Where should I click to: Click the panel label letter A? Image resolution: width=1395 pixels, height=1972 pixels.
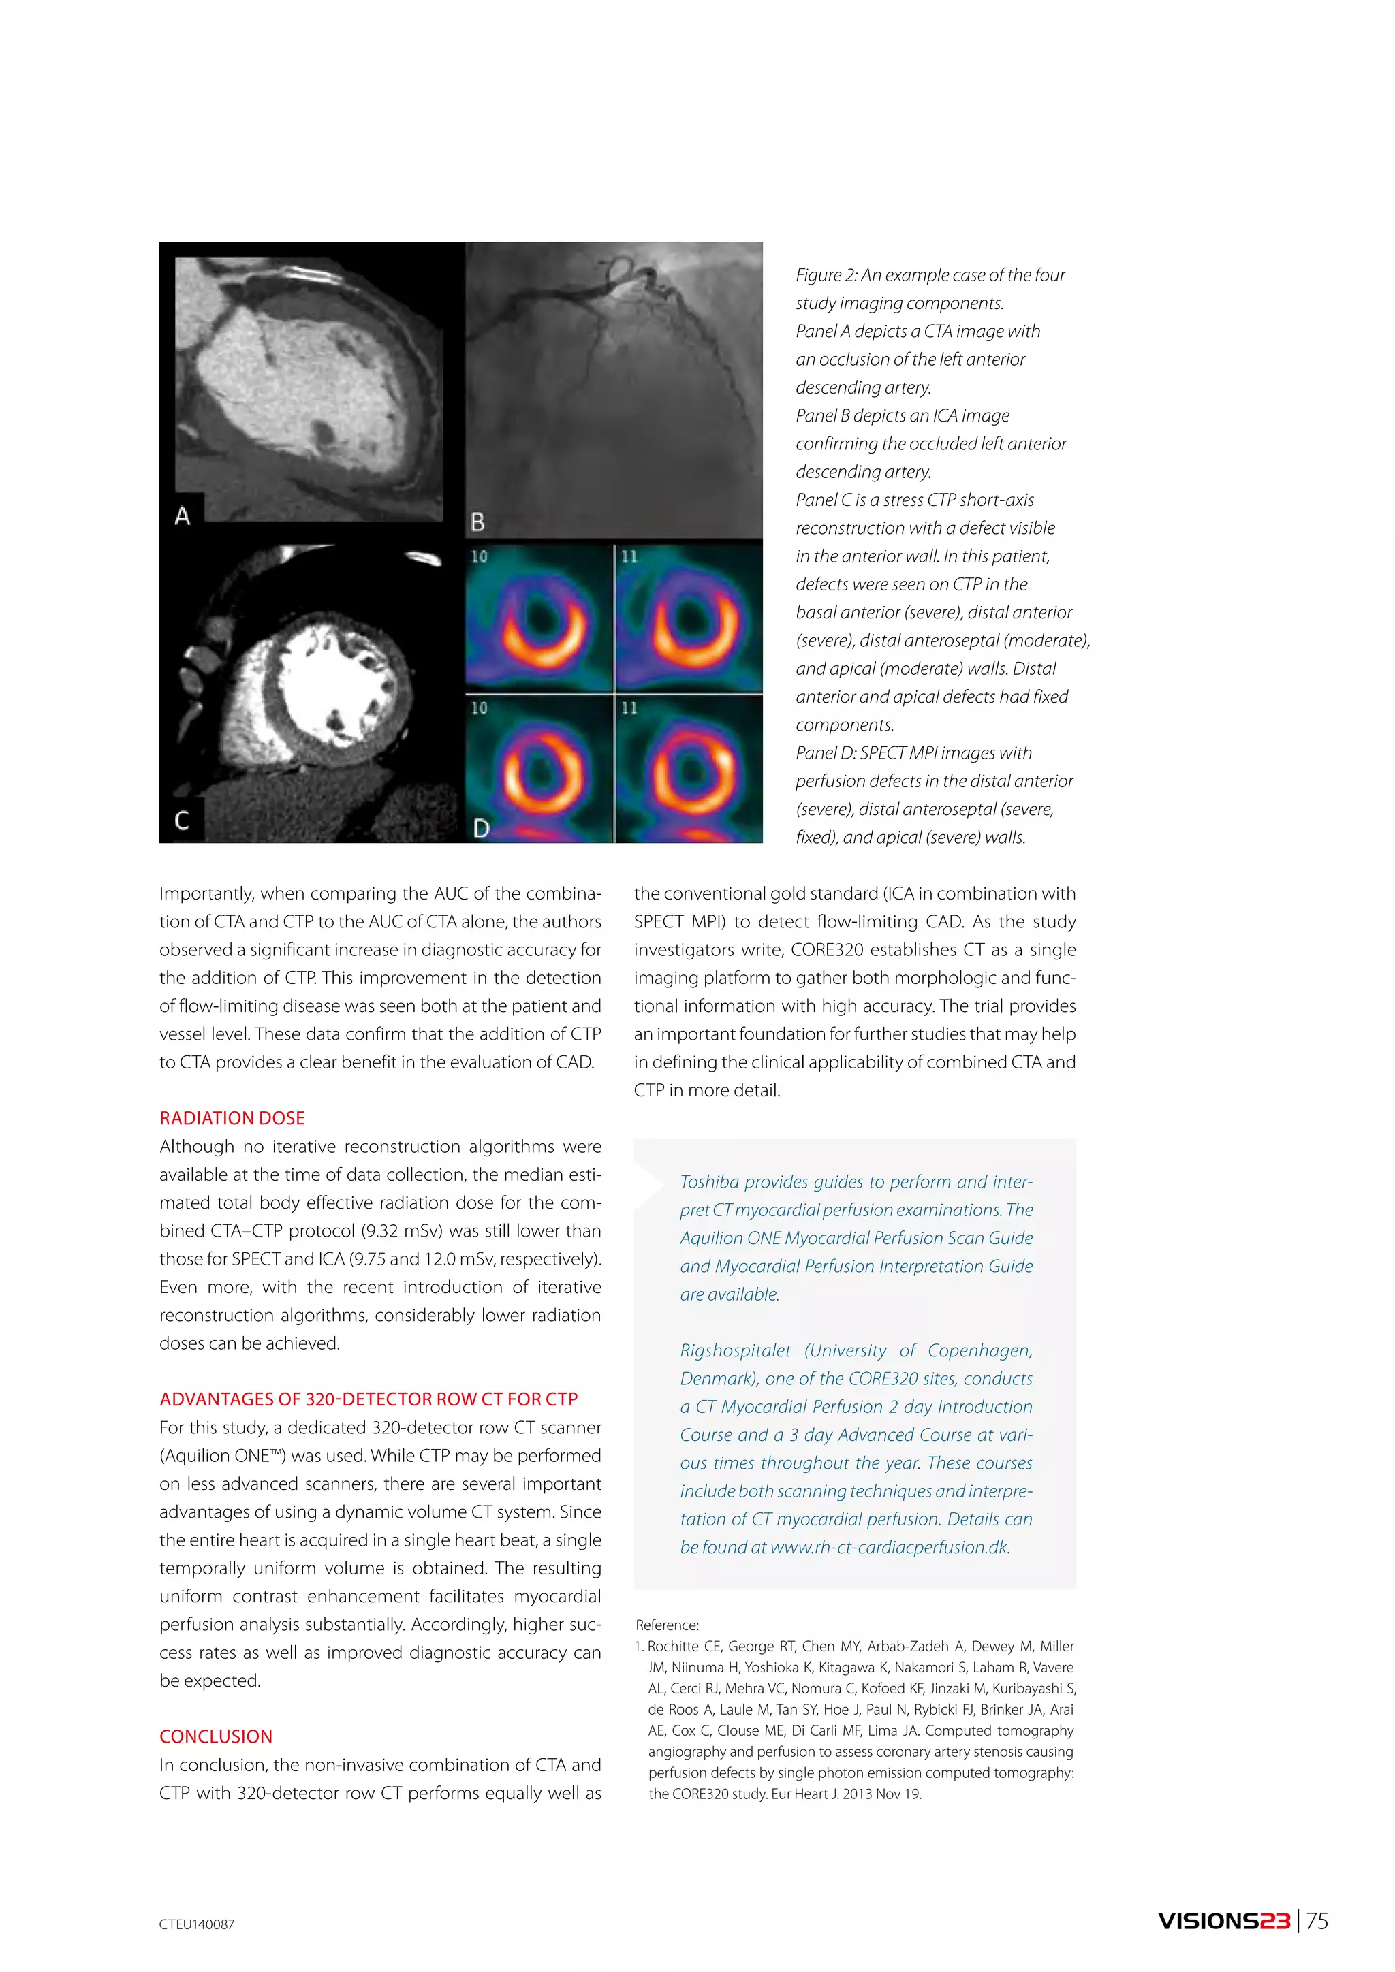pos(182,516)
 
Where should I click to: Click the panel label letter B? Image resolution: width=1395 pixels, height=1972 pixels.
pos(478,522)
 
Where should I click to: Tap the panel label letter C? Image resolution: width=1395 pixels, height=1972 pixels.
pos(182,821)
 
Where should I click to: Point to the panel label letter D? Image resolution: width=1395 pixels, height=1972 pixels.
pos(481,829)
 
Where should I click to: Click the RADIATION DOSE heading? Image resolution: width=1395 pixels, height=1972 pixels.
pos(232,1118)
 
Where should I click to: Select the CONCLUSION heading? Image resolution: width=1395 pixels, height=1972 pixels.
pos(216,1736)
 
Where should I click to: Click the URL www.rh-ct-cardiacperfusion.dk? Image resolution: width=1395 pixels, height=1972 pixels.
pos(889,1548)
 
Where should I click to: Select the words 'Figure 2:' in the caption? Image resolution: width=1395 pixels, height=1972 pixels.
pos(826,275)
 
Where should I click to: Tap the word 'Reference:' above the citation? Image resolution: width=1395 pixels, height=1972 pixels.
pos(668,1625)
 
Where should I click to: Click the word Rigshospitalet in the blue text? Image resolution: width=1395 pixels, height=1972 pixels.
pos(735,1351)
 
